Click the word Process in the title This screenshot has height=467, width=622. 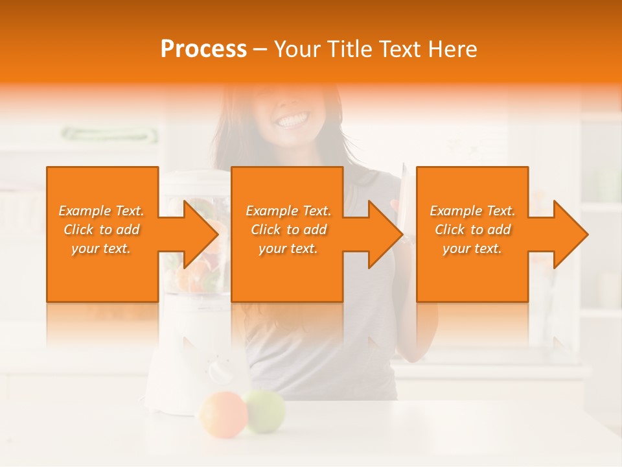coord(203,49)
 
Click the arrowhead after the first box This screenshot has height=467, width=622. coord(201,234)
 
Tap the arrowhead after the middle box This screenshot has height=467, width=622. coord(386,234)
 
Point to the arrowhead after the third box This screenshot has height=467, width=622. coord(570,234)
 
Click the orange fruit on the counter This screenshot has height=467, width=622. coord(224,414)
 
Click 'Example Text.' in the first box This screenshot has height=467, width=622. coord(101,211)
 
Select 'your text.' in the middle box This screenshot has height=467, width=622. coord(288,248)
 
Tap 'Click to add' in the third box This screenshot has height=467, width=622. coord(472,230)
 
